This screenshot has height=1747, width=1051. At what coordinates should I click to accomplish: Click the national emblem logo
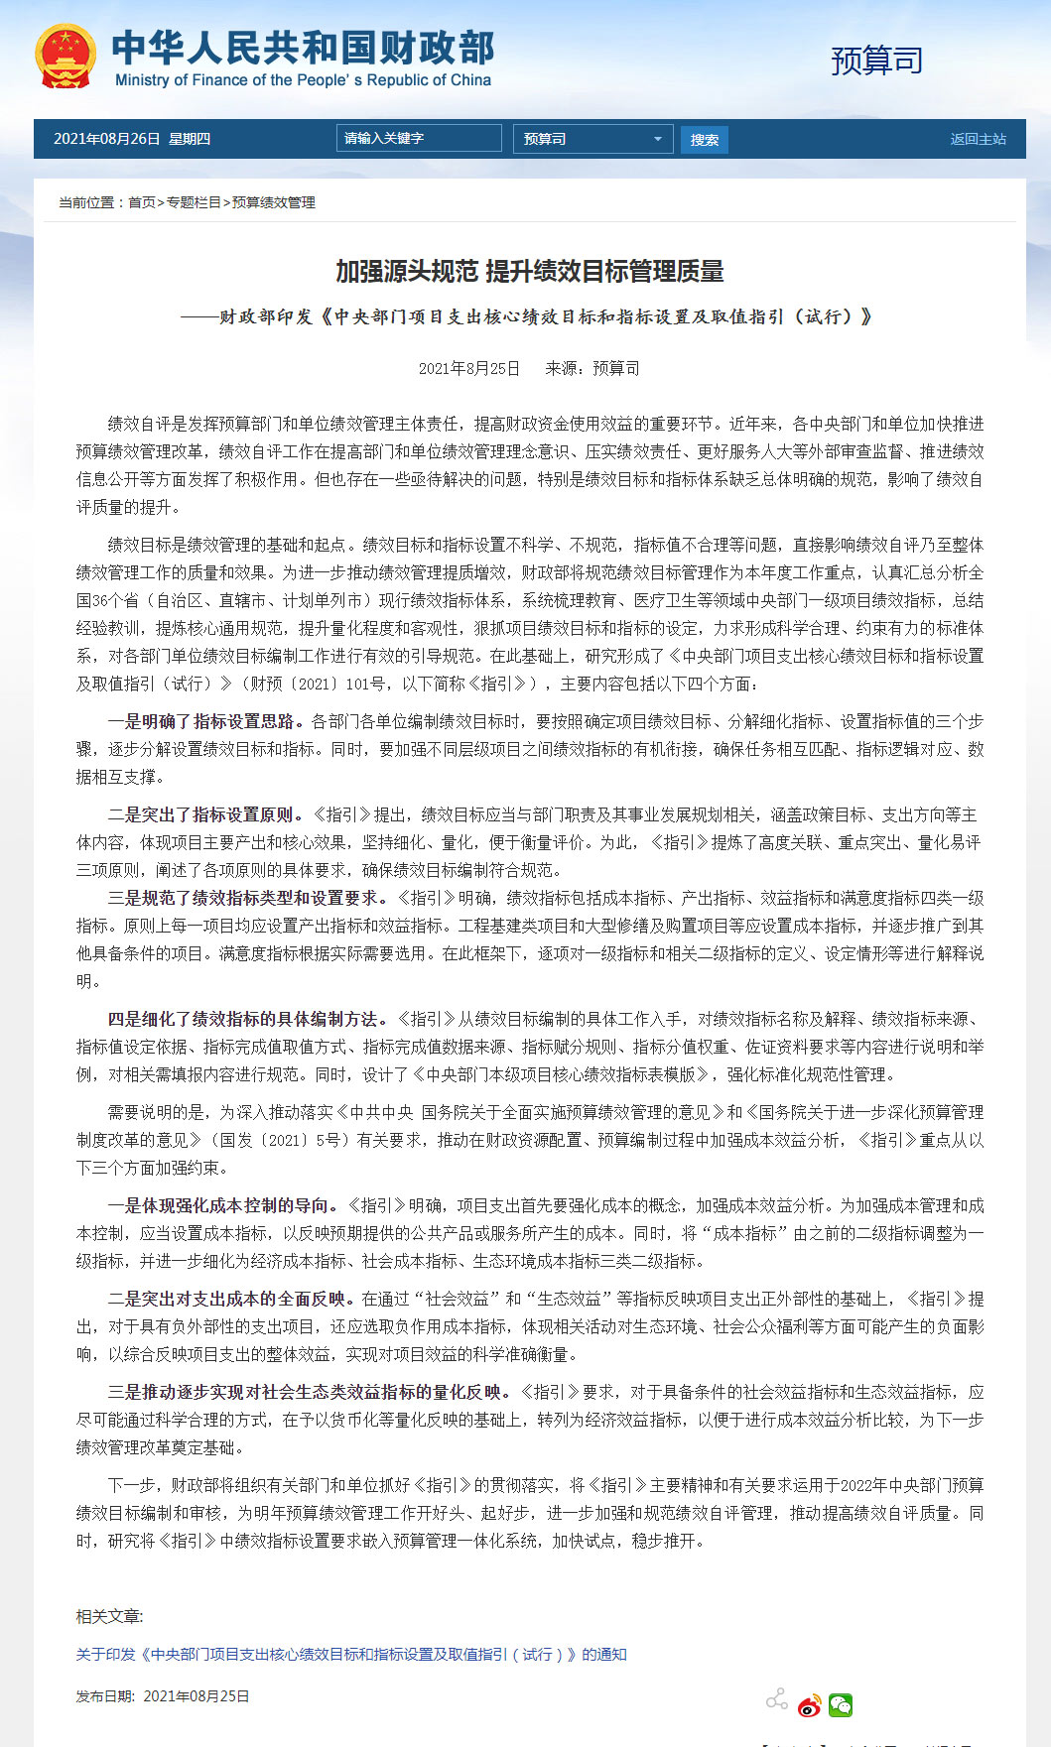pyautogui.click(x=66, y=57)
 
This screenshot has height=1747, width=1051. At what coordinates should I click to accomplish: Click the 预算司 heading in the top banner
pyautogui.click(x=876, y=61)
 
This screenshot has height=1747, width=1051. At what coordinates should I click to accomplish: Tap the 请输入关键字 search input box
pyautogui.click(x=418, y=139)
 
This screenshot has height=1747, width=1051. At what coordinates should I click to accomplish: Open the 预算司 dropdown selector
pyautogui.click(x=592, y=139)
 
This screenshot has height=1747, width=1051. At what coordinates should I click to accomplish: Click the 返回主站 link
pyautogui.click(x=978, y=139)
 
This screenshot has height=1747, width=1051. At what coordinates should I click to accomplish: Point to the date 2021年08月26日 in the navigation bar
pyautogui.click(x=106, y=139)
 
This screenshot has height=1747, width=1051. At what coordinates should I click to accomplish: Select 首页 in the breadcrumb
pyautogui.click(x=142, y=202)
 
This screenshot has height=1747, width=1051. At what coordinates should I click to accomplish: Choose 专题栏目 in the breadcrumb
pyautogui.click(x=194, y=202)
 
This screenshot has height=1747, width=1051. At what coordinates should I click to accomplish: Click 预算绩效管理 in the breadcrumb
pyautogui.click(x=274, y=202)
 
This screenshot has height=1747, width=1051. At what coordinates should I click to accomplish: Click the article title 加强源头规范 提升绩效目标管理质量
pyautogui.click(x=529, y=271)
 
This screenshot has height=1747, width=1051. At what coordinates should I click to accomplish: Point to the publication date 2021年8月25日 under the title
pyautogui.click(x=469, y=369)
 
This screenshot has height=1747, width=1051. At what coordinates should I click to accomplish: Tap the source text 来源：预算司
pyautogui.click(x=592, y=369)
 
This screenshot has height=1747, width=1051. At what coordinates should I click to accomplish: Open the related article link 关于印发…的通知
pyautogui.click(x=351, y=1655)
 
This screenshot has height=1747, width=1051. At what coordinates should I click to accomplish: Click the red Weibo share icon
pyautogui.click(x=810, y=1704)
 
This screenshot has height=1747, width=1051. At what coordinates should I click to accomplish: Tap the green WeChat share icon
pyautogui.click(x=841, y=1704)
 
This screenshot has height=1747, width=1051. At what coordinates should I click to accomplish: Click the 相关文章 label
pyautogui.click(x=109, y=1617)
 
